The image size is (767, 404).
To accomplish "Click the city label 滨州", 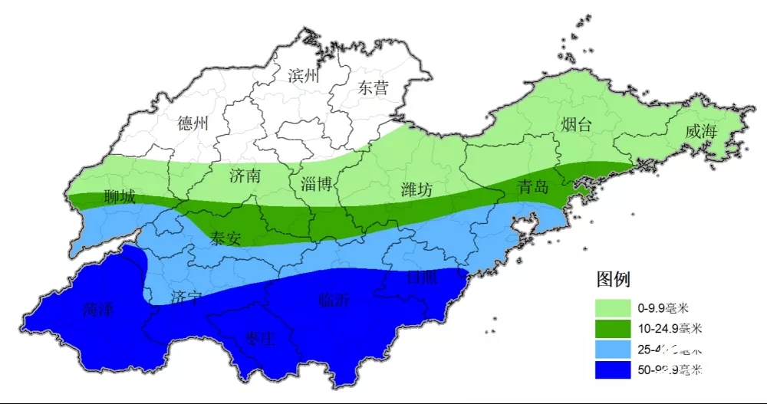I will (303, 76).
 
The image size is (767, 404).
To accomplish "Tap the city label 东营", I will (374, 87).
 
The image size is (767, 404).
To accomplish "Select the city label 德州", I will (193, 123).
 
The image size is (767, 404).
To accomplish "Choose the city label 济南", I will (245, 176).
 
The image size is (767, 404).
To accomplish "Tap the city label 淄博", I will (316, 183).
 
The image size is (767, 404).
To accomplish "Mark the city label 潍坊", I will (417, 190).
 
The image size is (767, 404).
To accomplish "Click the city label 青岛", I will (532, 186).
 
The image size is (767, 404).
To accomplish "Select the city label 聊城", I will (119, 197).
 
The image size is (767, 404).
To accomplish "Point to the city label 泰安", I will (225, 238).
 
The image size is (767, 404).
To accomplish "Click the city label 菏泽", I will (97, 310).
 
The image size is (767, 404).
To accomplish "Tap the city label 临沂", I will (334, 300).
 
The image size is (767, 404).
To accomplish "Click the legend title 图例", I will (613, 278).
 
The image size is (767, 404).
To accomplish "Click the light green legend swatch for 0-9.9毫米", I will (614, 308).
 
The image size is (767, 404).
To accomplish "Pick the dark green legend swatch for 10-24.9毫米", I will (614, 329).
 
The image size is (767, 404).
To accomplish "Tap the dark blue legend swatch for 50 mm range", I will (614, 370).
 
